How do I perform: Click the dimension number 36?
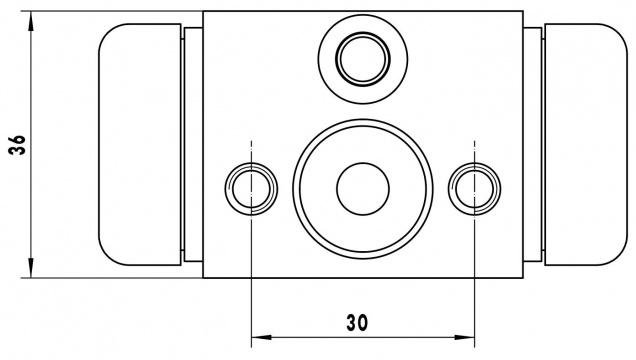tap(17, 145)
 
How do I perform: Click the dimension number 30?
tap(357, 323)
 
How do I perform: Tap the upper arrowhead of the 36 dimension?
tap(31, 21)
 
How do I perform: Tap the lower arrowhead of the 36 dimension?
tap(31, 268)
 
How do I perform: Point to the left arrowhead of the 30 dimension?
tap(262, 337)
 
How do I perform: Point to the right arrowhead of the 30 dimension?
tap(464, 337)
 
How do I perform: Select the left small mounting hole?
tap(251, 189)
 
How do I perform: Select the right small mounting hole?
tap(475, 189)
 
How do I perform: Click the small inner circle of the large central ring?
tap(363, 189)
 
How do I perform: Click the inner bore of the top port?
tap(363, 59)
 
